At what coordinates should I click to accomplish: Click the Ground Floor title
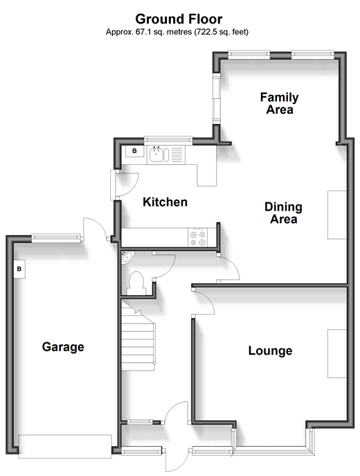coord(179,19)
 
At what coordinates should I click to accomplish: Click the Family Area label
coord(279,103)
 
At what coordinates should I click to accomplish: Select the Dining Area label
coord(283,213)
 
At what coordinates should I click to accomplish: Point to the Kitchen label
coord(165,202)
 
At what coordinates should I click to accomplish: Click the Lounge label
coord(270,351)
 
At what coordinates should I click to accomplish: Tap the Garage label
coord(63,346)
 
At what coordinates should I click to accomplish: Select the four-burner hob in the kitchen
coord(198,237)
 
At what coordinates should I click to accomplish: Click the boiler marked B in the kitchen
coord(134,151)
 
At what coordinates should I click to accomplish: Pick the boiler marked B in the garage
coord(19,269)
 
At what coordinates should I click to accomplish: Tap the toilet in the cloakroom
coord(136,283)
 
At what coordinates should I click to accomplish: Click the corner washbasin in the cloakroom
coord(127,257)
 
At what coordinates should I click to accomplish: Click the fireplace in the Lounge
coord(337,353)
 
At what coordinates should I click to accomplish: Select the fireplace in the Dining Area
coord(337,215)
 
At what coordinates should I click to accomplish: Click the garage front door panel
coord(65,446)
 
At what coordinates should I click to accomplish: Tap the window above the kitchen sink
coord(168,139)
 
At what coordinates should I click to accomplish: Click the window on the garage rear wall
coord(56,238)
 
